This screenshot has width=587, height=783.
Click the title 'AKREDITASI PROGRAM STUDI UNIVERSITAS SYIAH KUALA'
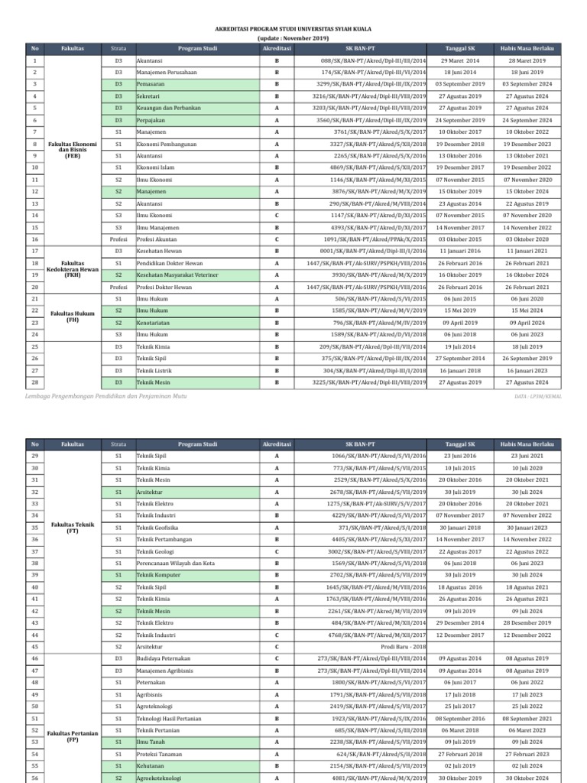pyautogui.click(x=293, y=28)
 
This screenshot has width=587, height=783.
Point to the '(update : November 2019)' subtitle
pyautogui.click(x=293, y=37)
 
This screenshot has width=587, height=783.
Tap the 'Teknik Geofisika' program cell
pyautogui.click(x=157, y=527)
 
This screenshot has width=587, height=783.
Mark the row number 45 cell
pyautogui.click(x=35, y=646)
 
